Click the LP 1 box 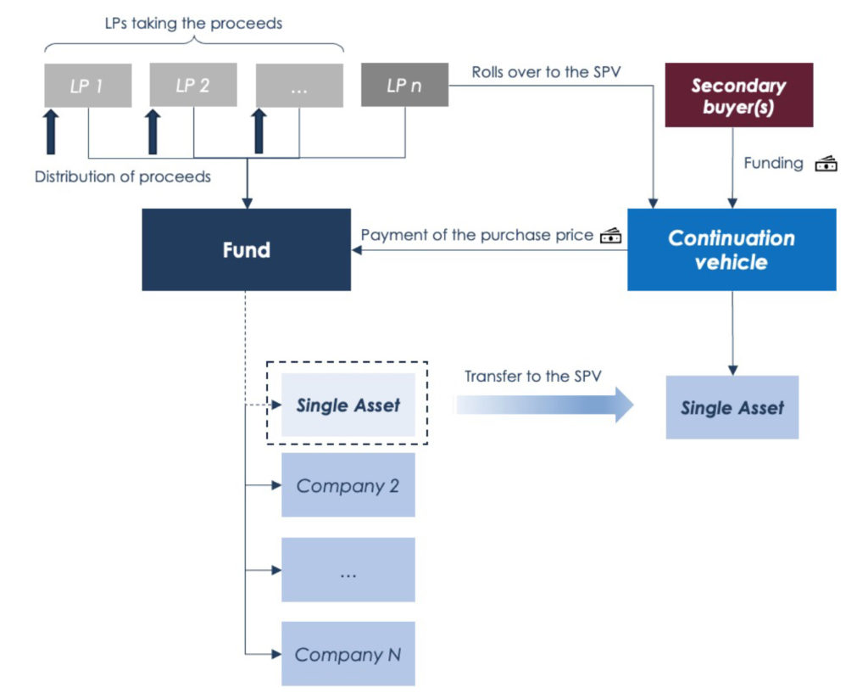click(88, 86)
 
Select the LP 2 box click(193, 85)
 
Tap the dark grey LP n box click(404, 85)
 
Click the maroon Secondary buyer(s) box click(739, 95)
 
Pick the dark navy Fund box click(247, 250)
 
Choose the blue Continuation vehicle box click(732, 250)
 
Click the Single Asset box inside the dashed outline click(348, 405)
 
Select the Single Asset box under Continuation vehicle click(732, 408)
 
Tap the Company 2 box click(348, 485)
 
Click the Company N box click(348, 654)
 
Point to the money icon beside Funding click(826, 164)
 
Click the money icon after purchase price click(610, 236)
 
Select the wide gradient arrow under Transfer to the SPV click(545, 405)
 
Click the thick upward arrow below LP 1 click(50, 131)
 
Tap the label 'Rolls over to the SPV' click(546, 72)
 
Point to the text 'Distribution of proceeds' click(123, 176)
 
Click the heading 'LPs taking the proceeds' click(194, 23)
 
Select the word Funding click(773, 164)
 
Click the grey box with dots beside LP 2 click(299, 86)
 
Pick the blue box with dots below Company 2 click(348, 569)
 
